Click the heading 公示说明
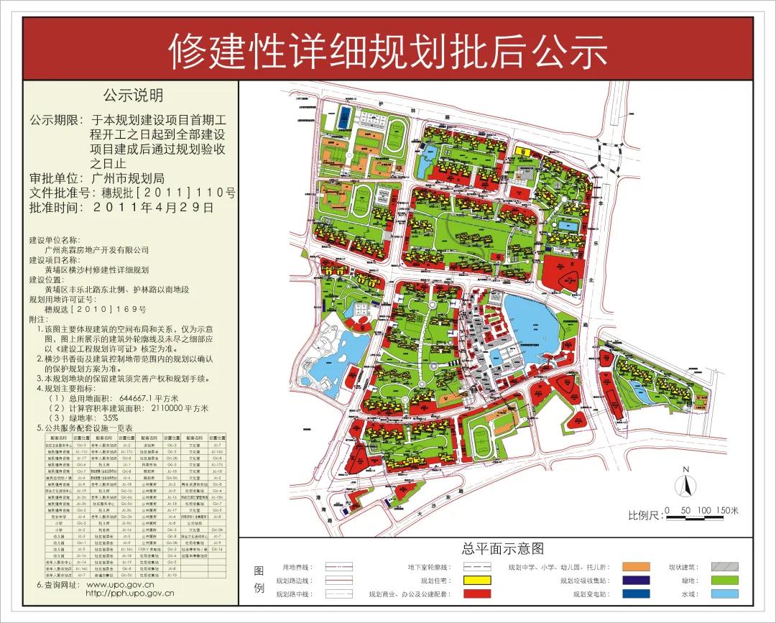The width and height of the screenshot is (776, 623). click(x=133, y=96)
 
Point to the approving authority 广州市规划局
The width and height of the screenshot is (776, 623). click(x=129, y=178)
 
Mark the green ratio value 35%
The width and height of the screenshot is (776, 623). click(x=111, y=417)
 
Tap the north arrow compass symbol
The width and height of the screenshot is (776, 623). click(x=685, y=484)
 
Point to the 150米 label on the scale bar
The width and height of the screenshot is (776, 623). click(x=727, y=510)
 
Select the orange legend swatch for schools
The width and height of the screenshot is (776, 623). click(x=636, y=567)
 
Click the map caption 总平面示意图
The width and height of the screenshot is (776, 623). click(x=504, y=550)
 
